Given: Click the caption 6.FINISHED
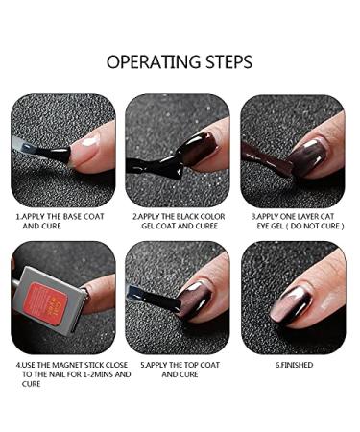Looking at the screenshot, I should [292, 366].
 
